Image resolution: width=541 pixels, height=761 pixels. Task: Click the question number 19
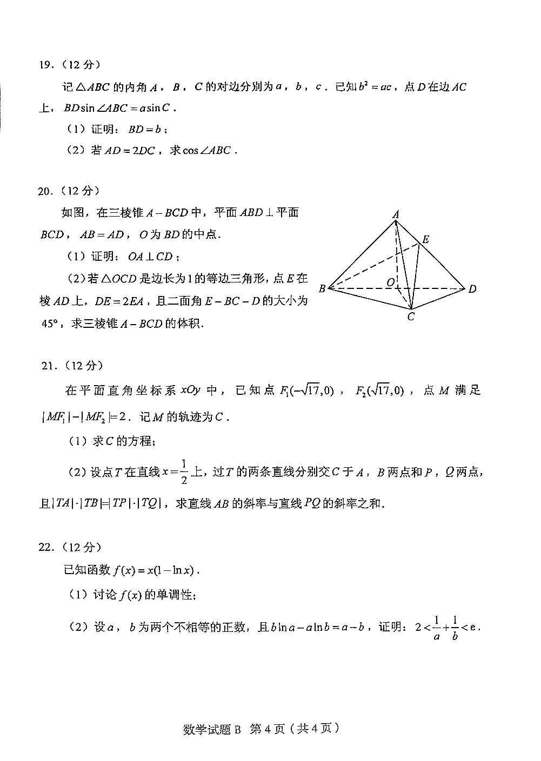coord(46,65)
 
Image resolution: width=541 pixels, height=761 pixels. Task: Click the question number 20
coord(45,191)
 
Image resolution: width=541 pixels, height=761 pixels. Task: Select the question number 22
coord(46,547)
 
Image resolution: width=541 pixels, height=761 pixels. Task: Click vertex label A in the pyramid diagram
coord(396,215)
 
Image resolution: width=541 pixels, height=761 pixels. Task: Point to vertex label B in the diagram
coord(322,288)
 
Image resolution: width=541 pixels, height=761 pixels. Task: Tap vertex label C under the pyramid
coord(411,317)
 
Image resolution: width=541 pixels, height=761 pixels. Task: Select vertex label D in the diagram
coord(472,289)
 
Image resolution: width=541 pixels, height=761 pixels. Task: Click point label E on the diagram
coord(426,239)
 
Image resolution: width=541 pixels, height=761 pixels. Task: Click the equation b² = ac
coord(375,86)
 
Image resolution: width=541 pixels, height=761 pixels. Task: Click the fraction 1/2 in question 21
coord(184,472)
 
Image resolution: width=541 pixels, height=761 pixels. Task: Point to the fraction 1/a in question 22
coord(436,628)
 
